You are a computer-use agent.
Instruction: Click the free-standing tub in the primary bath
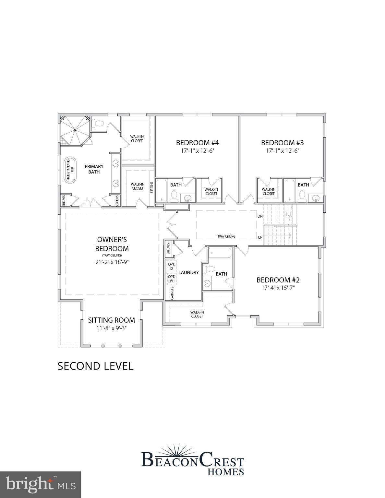tap(70, 170)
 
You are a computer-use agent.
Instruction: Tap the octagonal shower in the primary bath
tap(75, 131)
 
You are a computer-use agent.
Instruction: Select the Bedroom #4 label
tap(197, 143)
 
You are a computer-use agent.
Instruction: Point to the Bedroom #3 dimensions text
tap(283, 151)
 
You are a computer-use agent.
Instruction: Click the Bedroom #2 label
tap(278, 280)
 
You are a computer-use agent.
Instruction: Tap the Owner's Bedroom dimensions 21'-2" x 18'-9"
tap(112, 262)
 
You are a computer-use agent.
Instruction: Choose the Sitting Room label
tap(111, 320)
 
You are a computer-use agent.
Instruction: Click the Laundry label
tap(188, 272)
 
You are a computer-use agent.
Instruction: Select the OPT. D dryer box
tap(172, 266)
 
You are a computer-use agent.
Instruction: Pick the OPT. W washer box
tap(172, 279)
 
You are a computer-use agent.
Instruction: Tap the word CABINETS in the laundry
tap(172, 293)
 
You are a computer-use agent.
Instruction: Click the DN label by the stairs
tap(260, 216)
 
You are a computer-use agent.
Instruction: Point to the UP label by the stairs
tap(260, 237)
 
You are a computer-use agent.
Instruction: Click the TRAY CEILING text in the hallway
tap(226, 236)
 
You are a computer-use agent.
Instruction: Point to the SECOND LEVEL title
tap(95, 366)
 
